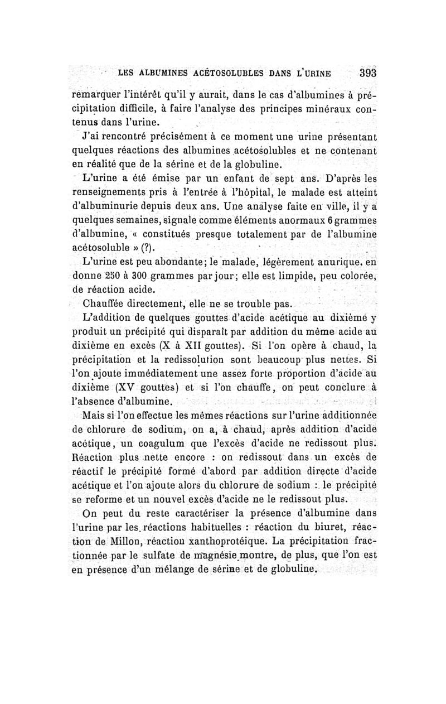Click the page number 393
[368, 73]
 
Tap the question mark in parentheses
[147, 248]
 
